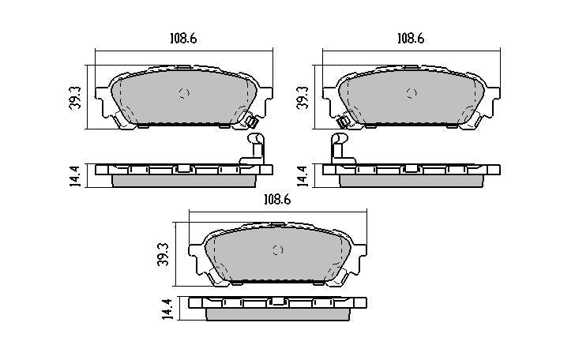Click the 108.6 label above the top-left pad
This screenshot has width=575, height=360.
[182, 37]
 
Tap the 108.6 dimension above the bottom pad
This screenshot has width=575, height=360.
[276, 200]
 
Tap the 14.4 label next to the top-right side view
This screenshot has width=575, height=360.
[301, 175]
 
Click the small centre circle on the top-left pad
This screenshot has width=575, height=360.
[184, 93]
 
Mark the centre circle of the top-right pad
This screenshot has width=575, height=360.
[410, 93]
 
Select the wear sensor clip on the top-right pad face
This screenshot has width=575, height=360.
[344, 122]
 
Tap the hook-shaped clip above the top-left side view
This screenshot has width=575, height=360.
[254, 148]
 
